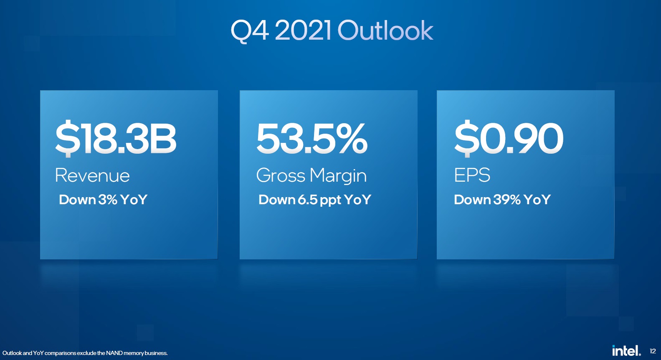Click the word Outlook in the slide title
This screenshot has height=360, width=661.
[x=385, y=30]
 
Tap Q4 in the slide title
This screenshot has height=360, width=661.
[x=250, y=31]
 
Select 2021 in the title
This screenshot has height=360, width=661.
[x=303, y=30]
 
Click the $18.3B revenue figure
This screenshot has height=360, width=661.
[x=116, y=138]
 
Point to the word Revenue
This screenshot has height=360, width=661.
[x=92, y=175]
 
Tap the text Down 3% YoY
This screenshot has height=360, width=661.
[x=103, y=200]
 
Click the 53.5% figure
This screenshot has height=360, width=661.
[x=312, y=138]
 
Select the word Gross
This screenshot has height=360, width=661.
[x=281, y=175]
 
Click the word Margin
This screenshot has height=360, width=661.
[x=338, y=176]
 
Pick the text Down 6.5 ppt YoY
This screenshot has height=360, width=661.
[x=314, y=200]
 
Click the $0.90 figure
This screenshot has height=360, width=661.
[x=509, y=138]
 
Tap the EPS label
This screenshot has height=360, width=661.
[x=472, y=175]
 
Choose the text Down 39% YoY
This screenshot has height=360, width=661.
[x=502, y=200]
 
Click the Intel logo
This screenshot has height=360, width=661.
[x=626, y=350]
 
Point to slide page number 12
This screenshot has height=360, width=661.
[x=653, y=351]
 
